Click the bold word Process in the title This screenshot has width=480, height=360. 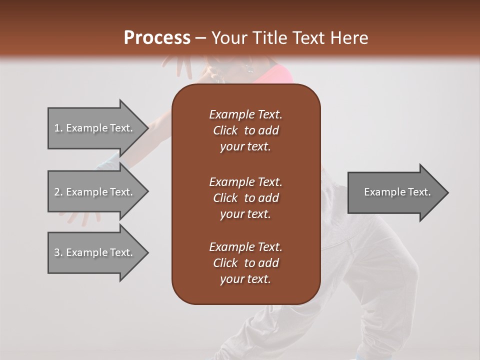click(x=157, y=38)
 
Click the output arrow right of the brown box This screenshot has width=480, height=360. click(x=395, y=192)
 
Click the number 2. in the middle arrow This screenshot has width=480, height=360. click(x=58, y=192)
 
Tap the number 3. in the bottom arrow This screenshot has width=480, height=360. click(x=58, y=252)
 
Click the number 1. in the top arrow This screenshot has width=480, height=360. click(x=58, y=128)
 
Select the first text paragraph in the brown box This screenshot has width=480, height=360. click(x=245, y=130)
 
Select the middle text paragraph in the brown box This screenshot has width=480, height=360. click(x=245, y=197)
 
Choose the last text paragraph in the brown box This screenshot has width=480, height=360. click(x=245, y=263)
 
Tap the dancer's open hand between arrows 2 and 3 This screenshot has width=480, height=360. click(x=82, y=217)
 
